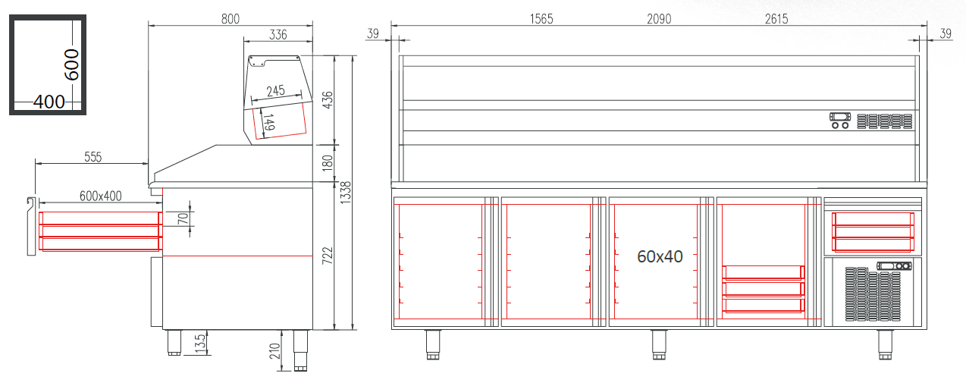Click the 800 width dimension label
231,19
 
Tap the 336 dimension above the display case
278,34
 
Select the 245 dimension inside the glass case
275,91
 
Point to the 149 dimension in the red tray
268,122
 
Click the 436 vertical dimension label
328,99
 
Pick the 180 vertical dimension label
328,162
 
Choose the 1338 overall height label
346,193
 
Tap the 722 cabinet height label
328,256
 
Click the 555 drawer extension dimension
93,157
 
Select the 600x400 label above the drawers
101,196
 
